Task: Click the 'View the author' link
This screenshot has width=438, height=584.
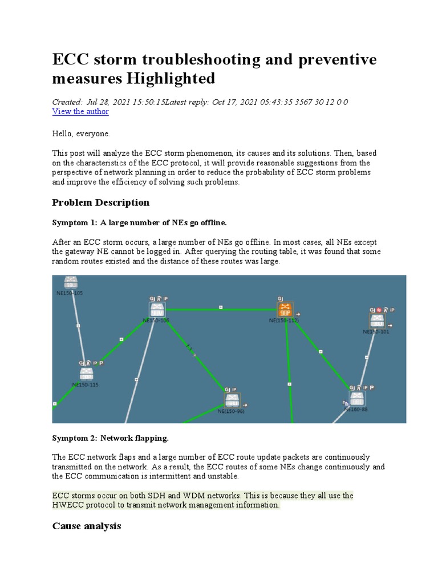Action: [80, 112]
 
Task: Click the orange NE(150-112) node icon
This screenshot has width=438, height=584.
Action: [285, 310]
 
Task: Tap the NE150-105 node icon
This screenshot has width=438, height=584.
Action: [71, 283]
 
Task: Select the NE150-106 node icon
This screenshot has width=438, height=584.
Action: [157, 310]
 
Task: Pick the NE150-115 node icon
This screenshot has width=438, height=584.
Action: [86, 374]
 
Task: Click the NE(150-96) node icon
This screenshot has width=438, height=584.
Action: [232, 400]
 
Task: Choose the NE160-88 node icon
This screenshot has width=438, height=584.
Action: [358, 398]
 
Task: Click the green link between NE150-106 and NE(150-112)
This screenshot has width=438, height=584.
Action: [221, 309]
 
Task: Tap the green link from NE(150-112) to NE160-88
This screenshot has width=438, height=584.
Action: [321, 352]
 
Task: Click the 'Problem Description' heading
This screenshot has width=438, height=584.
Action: [100, 202]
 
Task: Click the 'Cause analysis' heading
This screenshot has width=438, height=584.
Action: [86, 526]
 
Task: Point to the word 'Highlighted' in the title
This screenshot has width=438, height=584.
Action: [170, 78]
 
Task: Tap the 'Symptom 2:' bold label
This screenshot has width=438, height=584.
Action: [75, 438]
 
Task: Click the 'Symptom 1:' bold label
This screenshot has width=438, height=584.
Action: [75, 222]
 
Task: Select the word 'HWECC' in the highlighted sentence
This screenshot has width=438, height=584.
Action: [70, 505]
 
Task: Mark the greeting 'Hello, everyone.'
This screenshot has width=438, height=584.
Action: [80, 133]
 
